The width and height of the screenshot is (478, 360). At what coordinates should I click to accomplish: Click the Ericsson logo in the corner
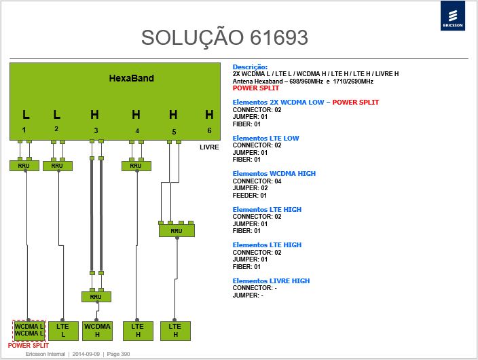click(453, 16)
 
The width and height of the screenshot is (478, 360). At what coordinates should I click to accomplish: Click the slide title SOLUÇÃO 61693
click(225, 38)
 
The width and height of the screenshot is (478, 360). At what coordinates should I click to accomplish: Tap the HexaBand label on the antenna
click(132, 78)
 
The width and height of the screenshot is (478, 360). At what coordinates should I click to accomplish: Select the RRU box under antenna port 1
click(24, 166)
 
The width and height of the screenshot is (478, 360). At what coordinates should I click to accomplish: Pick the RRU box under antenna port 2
click(58, 166)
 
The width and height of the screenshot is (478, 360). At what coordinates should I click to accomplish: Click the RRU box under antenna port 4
click(136, 166)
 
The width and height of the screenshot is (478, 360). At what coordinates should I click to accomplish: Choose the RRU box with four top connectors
click(177, 231)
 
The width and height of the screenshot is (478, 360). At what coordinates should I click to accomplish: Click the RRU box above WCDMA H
click(96, 297)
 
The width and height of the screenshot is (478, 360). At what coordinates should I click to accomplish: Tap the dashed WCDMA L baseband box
click(29, 330)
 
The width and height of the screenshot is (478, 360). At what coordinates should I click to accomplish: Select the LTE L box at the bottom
click(63, 331)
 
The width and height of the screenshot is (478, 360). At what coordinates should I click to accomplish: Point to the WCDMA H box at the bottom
click(98, 331)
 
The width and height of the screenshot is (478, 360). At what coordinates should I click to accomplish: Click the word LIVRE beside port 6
click(209, 147)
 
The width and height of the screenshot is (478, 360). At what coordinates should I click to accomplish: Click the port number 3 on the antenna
click(96, 130)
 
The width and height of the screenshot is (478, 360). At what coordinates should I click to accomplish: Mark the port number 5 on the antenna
click(174, 132)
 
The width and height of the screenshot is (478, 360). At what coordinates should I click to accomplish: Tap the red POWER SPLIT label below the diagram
click(29, 345)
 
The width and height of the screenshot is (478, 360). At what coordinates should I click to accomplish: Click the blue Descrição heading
click(250, 67)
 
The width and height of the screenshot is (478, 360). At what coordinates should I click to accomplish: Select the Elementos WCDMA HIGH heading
click(274, 174)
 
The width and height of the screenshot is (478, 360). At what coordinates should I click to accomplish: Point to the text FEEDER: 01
click(250, 195)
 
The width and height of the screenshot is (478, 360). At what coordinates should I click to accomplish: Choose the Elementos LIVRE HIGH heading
click(271, 281)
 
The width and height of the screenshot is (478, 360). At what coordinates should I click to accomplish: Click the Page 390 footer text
click(118, 354)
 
